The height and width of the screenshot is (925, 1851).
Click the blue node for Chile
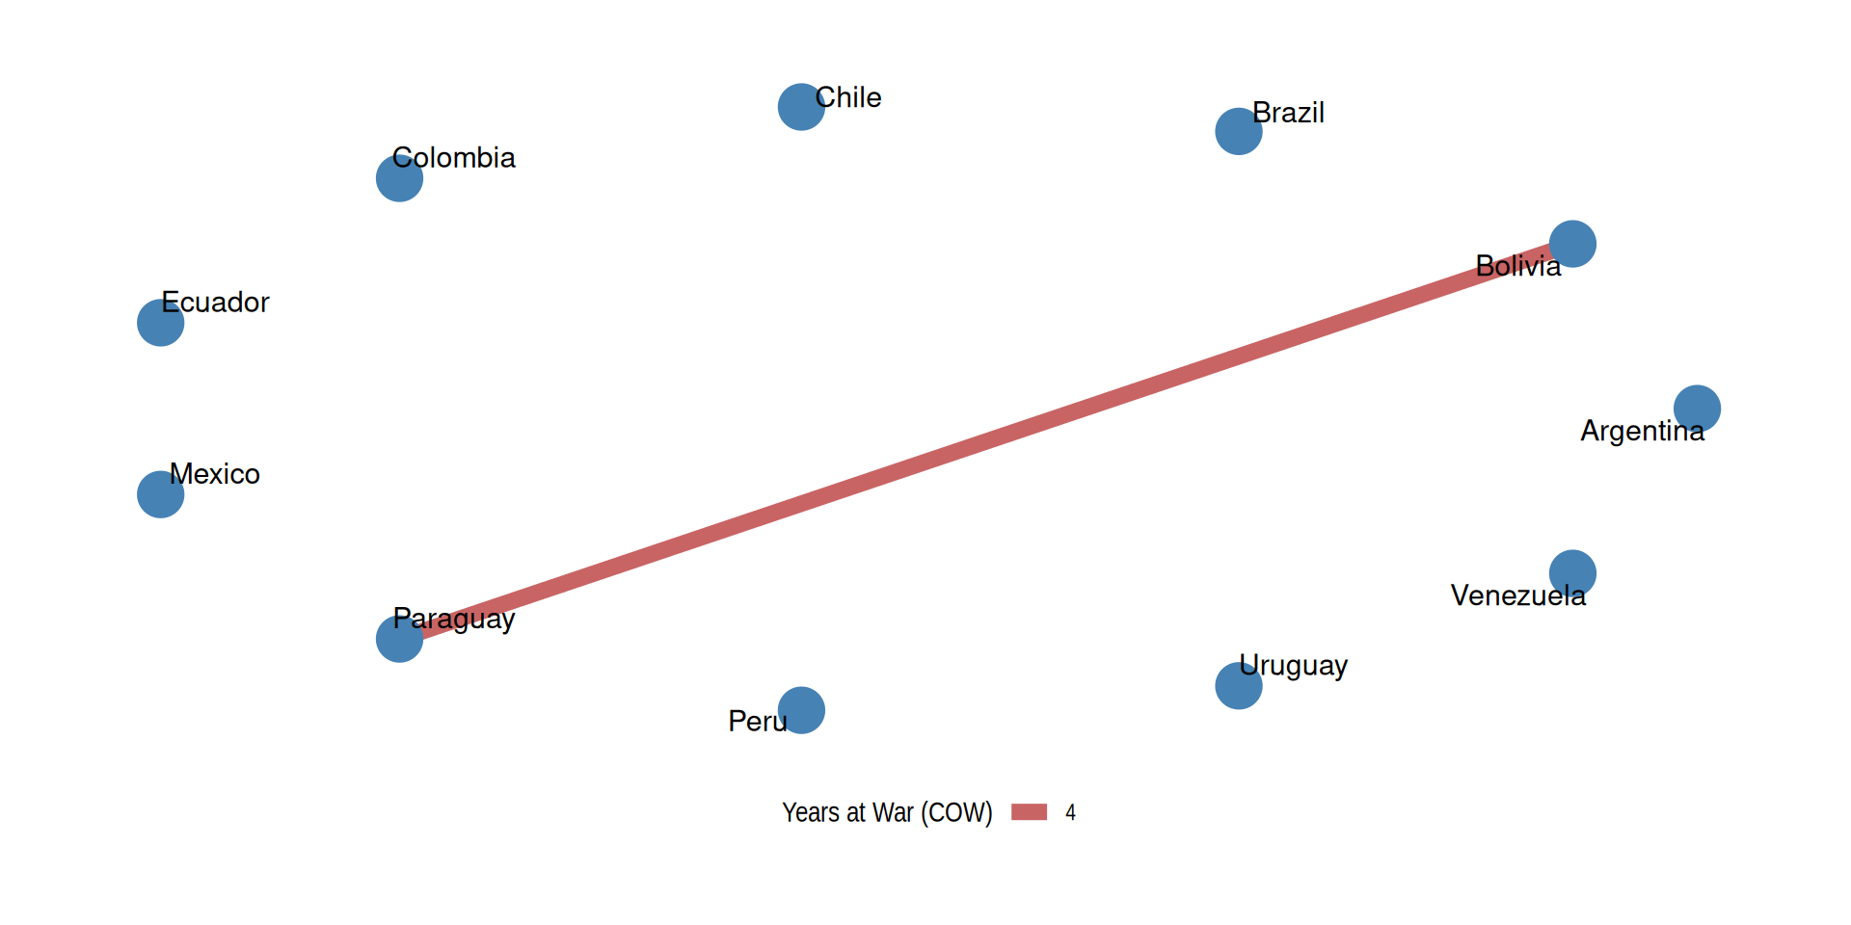[x=801, y=107]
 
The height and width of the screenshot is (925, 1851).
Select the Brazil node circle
[x=1239, y=131]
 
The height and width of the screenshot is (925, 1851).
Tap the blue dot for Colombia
[x=399, y=178]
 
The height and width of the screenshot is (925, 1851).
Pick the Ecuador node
[x=161, y=323]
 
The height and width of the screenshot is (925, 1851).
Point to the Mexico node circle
[x=161, y=494]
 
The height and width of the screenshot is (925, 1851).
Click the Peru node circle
[x=801, y=710]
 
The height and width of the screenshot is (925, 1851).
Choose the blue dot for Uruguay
[x=1239, y=686]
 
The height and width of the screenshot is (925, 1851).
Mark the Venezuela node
[x=1572, y=573]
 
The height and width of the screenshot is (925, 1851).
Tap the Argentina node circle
[x=1697, y=409]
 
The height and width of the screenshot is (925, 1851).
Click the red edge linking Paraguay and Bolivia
[x=986, y=441]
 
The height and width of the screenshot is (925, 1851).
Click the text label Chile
[x=848, y=97]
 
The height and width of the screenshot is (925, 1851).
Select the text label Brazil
[x=1288, y=113]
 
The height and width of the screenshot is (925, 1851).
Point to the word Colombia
[x=454, y=157]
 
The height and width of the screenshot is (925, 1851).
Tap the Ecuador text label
[x=215, y=302]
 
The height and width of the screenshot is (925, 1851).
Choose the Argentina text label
[x=1643, y=431]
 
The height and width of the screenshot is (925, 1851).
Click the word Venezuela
[x=1518, y=595]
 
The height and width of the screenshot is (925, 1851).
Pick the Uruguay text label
[x=1293, y=666]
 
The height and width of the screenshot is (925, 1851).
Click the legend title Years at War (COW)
[x=887, y=812]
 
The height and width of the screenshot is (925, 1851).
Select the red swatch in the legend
[x=1029, y=812]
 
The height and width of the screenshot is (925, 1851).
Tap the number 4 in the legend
[x=1070, y=812]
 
